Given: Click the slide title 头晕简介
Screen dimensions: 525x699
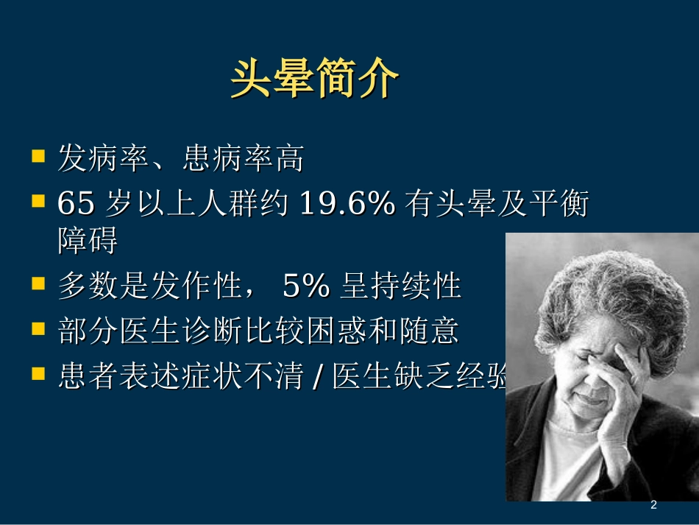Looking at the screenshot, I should click(314, 79).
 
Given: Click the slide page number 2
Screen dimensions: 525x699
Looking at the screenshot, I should click(653, 505).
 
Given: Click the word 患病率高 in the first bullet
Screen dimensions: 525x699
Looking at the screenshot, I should click(243, 160).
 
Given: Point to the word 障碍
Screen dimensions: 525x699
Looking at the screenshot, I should click(88, 241).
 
